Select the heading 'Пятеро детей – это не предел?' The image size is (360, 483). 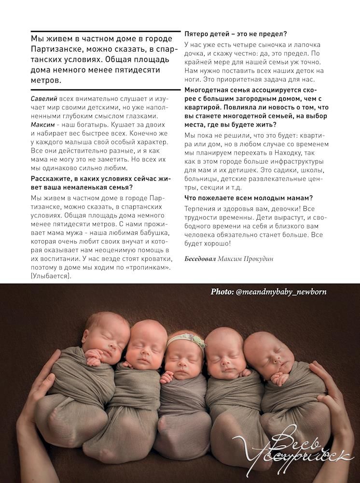[x=235, y=34]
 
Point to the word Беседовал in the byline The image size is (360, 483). [x=200, y=259]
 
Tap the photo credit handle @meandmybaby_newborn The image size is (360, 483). [x=280, y=292]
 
